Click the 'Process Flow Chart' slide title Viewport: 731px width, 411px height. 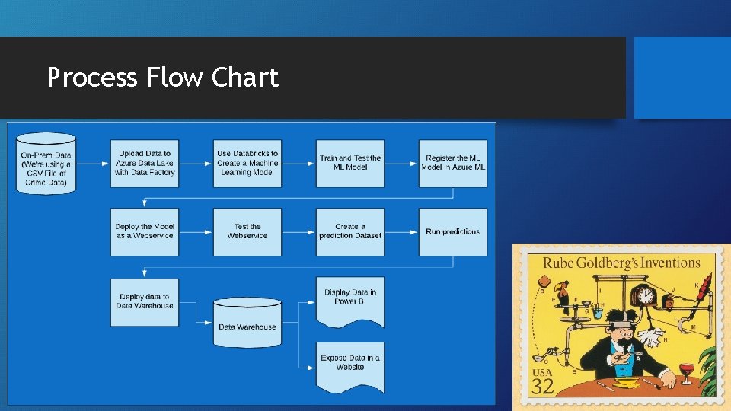(162, 78)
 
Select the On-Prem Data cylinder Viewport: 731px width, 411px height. (46, 163)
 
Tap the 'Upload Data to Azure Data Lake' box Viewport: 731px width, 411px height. (145, 163)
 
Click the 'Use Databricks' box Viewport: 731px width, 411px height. (247, 163)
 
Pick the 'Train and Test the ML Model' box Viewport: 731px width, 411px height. (350, 163)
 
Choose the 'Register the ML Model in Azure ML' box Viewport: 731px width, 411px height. (453, 163)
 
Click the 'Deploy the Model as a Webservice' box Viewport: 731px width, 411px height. (145, 231)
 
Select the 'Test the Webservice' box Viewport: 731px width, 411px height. (247, 231)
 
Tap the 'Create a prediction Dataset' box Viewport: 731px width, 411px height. (350, 231)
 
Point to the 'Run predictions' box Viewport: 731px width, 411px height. (453, 231)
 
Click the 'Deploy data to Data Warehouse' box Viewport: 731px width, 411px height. (145, 301)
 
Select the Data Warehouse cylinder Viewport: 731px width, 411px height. (247, 323)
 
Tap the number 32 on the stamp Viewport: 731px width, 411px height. (542, 386)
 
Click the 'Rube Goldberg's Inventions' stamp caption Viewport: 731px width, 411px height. (621, 263)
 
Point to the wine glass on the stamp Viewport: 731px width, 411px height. (688, 372)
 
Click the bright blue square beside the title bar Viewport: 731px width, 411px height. (682, 77)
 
